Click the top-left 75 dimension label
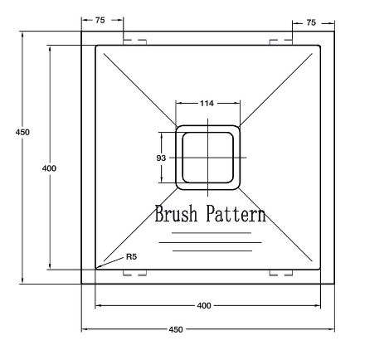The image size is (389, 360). click(x=100, y=20)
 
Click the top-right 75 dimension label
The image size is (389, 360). click(x=311, y=22)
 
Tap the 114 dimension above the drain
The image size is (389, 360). click(x=207, y=104)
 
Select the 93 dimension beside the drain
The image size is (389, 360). click(x=161, y=158)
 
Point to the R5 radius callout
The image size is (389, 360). click(x=132, y=257)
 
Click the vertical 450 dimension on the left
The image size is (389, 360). click(x=22, y=132)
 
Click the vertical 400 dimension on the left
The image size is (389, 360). click(x=49, y=168)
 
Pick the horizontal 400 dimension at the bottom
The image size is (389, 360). click(x=204, y=305)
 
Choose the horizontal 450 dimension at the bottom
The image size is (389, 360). click(x=176, y=329)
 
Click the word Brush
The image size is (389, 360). click(x=176, y=213)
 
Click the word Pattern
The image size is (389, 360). click(x=236, y=213)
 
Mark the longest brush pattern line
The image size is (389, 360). click(x=210, y=242)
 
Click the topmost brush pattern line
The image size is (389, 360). click(x=212, y=233)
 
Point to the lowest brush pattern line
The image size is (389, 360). click(x=212, y=251)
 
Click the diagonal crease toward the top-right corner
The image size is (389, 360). click(x=275, y=90)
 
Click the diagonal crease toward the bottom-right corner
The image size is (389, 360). click(x=275, y=225)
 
